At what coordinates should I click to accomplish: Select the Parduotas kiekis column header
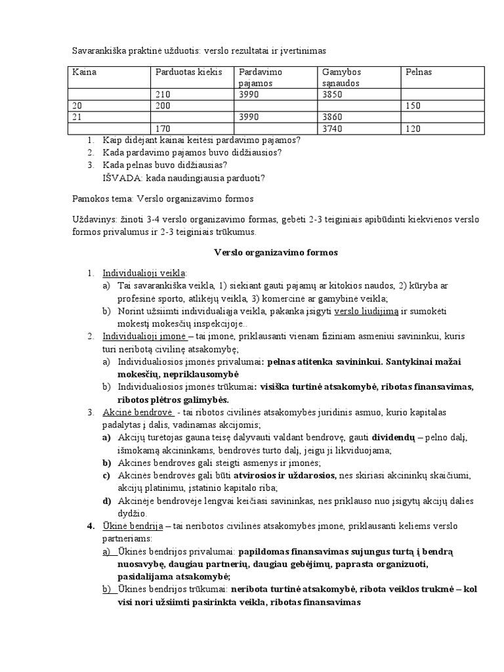(x=188, y=72)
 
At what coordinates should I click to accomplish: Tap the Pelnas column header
(x=419, y=72)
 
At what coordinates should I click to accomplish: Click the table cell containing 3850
(x=335, y=94)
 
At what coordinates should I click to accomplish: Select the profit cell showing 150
(x=413, y=106)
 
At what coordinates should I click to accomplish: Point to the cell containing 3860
(x=335, y=117)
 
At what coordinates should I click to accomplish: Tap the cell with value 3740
(x=335, y=129)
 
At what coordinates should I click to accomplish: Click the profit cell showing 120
(x=413, y=129)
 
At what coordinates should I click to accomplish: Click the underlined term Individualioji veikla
(x=144, y=272)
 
